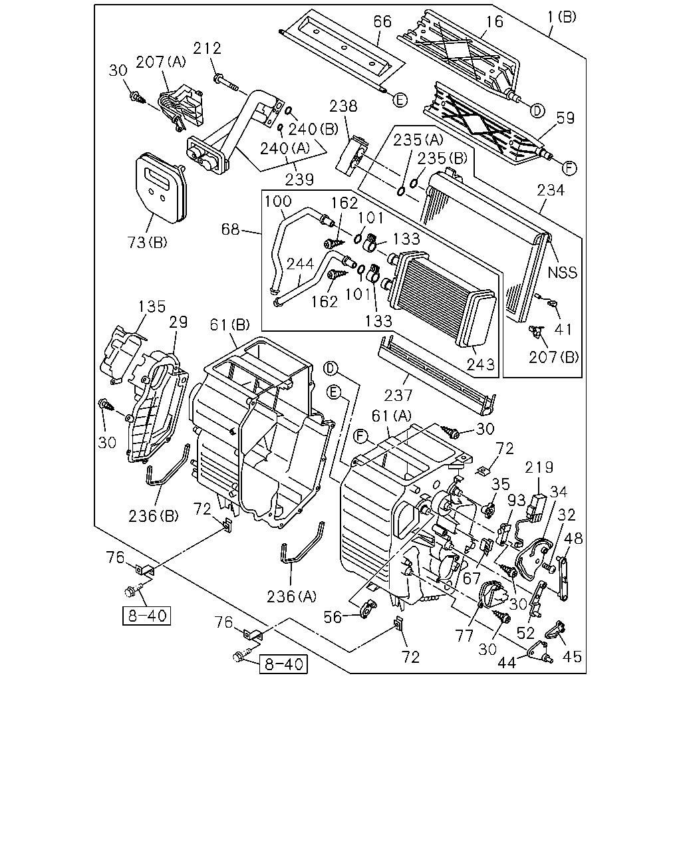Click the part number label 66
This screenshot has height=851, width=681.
(382, 22)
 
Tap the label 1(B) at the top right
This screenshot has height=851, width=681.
(562, 17)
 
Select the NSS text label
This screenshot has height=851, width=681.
(562, 273)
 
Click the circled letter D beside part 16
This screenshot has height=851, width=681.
(537, 111)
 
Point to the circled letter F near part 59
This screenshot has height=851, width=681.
(569, 168)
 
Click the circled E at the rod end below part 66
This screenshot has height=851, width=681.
(400, 100)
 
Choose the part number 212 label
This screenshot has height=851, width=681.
(207, 49)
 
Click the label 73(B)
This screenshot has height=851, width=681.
(147, 242)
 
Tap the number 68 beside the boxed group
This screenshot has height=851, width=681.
(230, 229)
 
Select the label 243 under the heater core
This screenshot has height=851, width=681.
(481, 364)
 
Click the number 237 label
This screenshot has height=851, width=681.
(398, 395)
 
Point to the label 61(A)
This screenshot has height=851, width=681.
(391, 416)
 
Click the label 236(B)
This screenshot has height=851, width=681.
(153, 516)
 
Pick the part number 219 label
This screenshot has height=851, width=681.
(539, 467)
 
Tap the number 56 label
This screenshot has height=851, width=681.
(333, 617)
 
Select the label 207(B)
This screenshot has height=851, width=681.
(553, 358)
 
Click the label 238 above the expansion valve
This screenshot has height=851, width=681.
(343, 106)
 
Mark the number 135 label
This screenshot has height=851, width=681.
(152, 306)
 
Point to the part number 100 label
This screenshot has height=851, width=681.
(278, 201)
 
